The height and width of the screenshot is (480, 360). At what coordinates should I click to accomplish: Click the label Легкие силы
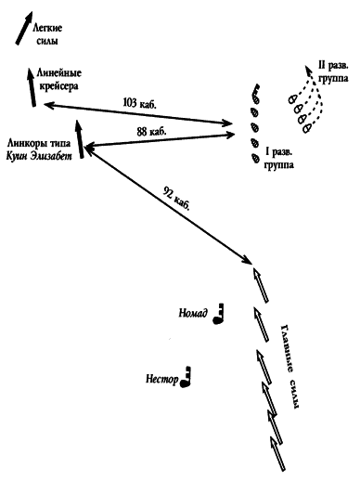[x=47, y=34]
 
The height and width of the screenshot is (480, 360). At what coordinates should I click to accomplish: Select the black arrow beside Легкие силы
[x=24, y=28]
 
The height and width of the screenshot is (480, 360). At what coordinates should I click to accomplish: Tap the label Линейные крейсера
[x=59, y=80]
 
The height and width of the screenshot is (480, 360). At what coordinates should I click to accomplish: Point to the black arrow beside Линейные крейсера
[x=32, y=87]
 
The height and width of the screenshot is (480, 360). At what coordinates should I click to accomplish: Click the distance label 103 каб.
[x=140, y=103]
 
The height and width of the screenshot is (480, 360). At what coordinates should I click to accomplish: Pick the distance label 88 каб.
[x=151, y=132]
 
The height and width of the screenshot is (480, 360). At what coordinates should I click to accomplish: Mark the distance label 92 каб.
[x=176, y=199]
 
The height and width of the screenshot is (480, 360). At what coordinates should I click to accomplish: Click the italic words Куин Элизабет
[x=39, y=156]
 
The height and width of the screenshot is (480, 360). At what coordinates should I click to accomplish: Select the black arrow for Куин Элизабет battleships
[x=80, y=139]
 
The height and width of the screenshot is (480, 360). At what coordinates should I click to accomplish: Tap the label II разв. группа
[x=333, y=71]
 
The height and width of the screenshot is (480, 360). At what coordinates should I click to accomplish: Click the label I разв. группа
[x=279, y=158]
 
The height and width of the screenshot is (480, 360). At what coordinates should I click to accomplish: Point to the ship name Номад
[x=193, y=313]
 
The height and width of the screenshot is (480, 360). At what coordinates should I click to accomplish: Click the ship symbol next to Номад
[x=218, y=314]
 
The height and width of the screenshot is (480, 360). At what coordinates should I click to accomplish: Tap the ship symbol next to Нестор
[x=186, y=377]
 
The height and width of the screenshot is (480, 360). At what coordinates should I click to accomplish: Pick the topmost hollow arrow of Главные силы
[x=261, y=285]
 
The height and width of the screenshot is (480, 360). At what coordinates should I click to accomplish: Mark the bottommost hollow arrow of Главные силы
[x=277, y=454]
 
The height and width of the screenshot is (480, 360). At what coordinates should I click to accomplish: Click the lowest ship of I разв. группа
[x=255, y=158]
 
